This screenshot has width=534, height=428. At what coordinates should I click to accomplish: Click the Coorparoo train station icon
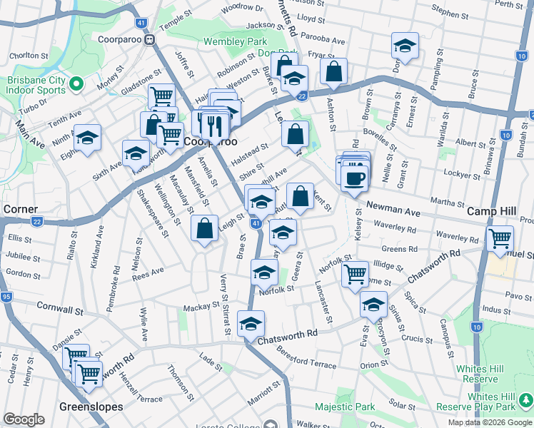click(150, 40)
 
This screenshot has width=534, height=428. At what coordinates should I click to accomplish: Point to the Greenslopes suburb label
click(91, 407)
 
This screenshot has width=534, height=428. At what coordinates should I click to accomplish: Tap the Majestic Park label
click(346, 407)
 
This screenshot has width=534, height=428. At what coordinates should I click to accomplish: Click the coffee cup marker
click(354, 178)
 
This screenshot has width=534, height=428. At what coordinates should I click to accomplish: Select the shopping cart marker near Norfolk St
click(355, 273)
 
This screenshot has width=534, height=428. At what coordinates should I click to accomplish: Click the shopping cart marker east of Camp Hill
click(500, 237)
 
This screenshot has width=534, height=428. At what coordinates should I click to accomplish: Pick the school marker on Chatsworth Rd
click(251, 324)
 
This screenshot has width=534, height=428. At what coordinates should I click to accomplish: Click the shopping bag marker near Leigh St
click(205, 228)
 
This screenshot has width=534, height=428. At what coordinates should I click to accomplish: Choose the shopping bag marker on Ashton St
click(333, 71)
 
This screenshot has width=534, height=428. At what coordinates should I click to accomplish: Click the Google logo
click(24, 419)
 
